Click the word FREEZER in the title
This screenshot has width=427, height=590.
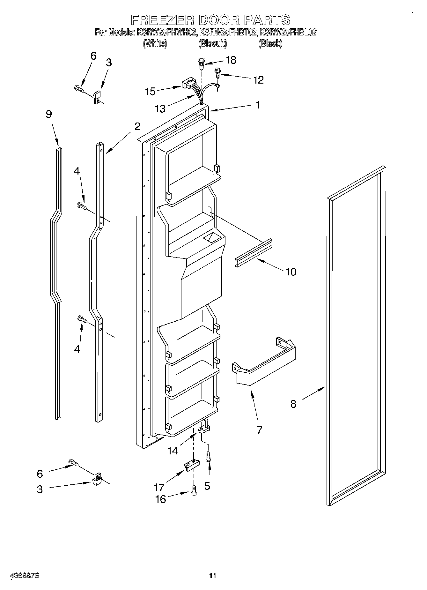coord(163,20)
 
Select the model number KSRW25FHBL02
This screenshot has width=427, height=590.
coord(288,32)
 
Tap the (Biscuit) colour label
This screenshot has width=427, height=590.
coord(213,43)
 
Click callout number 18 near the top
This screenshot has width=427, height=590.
coord(231,60)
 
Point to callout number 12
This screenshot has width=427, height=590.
coord(258,80)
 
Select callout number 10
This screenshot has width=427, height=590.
coord(291,272)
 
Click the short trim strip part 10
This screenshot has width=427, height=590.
coord(254,253)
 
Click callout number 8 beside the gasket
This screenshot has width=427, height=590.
coord(293,404)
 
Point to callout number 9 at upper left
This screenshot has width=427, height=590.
coord(48,114)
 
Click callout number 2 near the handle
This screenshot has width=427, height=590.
coord(137,127)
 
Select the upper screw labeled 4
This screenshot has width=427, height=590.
coord(82,206)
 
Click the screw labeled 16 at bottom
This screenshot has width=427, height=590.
coord(194,492)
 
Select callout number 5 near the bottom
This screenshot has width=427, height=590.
coord(207,486)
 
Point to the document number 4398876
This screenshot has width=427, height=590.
coord(25,576)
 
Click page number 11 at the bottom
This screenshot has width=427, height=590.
coord(213,576)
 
